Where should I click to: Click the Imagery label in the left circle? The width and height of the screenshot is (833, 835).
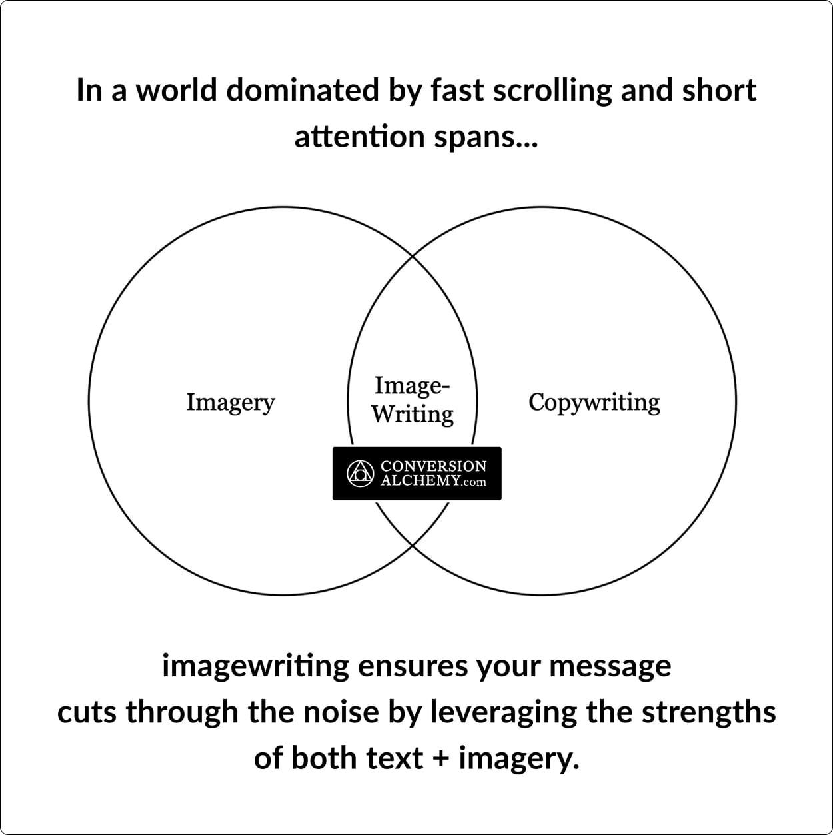(230, 403)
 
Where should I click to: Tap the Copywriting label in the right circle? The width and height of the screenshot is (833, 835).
(594, 403)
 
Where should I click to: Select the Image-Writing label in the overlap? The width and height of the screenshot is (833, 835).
(412, 400)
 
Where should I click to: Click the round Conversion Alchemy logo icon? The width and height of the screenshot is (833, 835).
(360, 474)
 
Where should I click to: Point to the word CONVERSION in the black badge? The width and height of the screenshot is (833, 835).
(433, 466)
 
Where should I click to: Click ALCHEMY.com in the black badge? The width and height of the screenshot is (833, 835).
(433, 481)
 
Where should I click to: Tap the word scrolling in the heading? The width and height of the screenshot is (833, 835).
(552, 91)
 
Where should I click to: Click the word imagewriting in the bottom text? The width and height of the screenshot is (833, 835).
(255, 667)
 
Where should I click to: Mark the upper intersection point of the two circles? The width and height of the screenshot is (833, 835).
(413, 257)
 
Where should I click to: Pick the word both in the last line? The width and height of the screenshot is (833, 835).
(324, 759)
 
